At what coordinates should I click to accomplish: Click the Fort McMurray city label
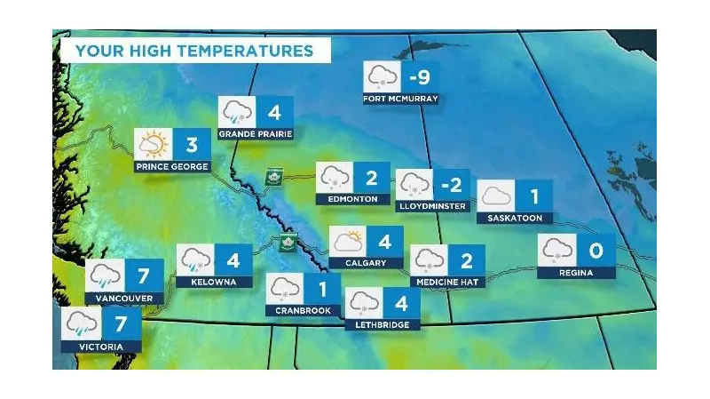(x=400, y=99)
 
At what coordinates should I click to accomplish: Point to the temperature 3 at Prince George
(x=192, y=144)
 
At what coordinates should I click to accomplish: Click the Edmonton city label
(x=352, y=200)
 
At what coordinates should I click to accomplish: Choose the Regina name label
(x=576, y=272)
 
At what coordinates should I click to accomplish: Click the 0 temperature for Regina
(x=596, y=251)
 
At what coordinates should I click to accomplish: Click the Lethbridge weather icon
(x=363, y=304)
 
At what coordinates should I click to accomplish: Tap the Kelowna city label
(x=208, y=282)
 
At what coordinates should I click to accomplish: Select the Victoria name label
(x=99, y=347)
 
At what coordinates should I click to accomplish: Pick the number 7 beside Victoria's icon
(x=122, y=322)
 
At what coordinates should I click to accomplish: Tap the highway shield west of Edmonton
(x=272, y=177)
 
